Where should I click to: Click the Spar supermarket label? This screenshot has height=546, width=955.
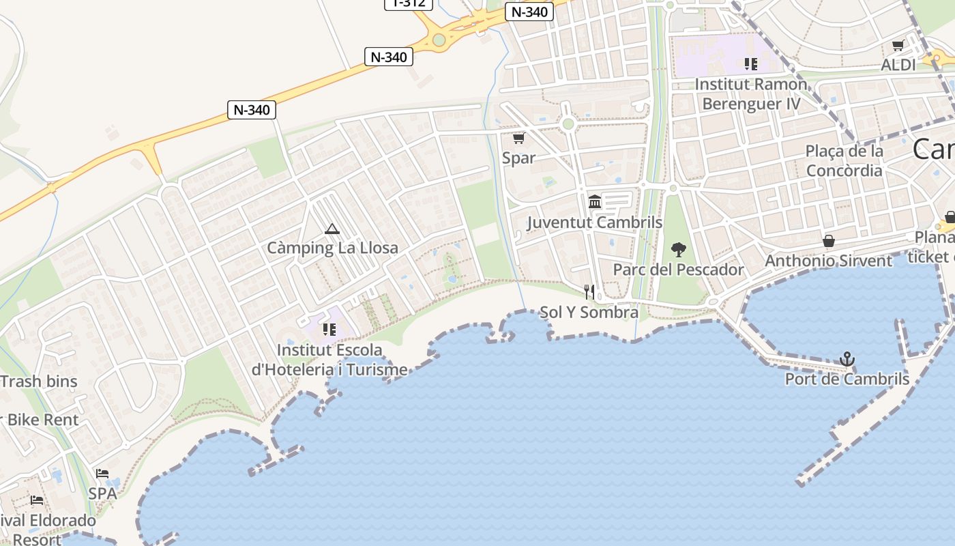pos(518,158)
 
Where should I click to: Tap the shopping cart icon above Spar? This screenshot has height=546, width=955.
pos(518,139)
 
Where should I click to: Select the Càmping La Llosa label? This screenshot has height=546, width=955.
pos(332,248)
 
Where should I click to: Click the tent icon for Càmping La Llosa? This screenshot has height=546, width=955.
pos(332,229)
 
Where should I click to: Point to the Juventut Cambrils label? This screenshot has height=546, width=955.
pos(595,222)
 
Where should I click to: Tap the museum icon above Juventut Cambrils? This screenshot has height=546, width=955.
pos(595,202)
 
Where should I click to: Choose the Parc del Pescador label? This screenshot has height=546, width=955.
pos(678,270)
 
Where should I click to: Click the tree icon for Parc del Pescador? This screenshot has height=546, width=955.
pos(678,250)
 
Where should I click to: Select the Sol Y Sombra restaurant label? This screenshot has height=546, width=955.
pos(589,313)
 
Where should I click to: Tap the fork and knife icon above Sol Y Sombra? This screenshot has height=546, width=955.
pos(589,292)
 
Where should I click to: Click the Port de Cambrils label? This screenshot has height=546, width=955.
pos(847,379)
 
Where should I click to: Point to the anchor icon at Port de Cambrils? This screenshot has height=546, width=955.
pos(847,359)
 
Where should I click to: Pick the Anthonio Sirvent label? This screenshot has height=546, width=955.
pos(828,261)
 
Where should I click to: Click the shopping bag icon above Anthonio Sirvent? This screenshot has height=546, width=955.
pos(829,241)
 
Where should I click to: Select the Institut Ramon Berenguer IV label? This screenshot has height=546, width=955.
pos(751,94)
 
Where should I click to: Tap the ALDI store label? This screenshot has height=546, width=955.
pos(898,65)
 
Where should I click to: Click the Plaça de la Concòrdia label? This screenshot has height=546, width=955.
pos(844,160)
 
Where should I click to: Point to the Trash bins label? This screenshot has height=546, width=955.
pos(40,382)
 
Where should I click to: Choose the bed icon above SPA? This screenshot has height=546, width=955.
pos(102,473)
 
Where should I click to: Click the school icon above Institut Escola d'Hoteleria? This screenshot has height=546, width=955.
pos(329,330)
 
